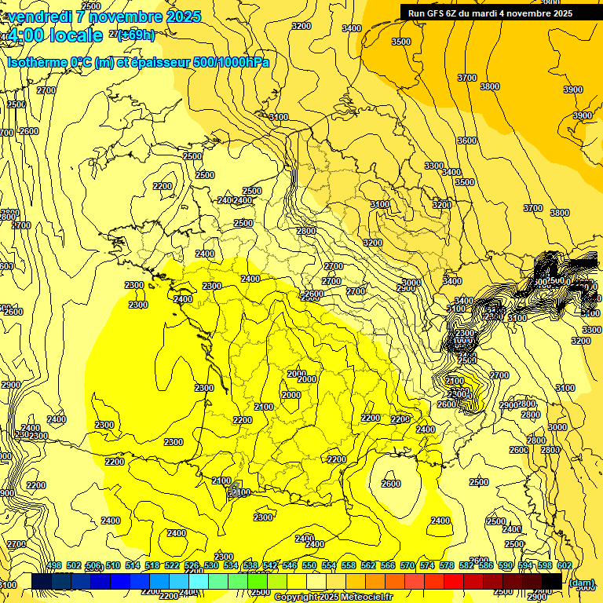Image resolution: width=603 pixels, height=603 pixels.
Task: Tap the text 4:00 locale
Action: pyautogui.click(x=55, y=35)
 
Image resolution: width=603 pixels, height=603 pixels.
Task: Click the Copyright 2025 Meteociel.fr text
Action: pyautogui.click(x=333, y=597)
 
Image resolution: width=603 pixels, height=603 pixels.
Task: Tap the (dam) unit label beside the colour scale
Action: pyautogui.click(x=581, y=583)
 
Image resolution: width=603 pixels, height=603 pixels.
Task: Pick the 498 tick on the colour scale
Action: pyautogui.click(x=54, y=565)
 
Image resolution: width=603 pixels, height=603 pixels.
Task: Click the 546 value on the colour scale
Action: pyautogui.click(x=290, y=565)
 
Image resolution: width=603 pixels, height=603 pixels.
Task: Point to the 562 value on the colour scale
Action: pyautogui.click(x=368, y=565)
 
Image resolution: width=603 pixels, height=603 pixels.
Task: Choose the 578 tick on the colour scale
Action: pyautogui.click(x=447, y=565)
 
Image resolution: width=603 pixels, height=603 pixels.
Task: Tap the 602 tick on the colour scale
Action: pyautogui.click(x=564, y=565)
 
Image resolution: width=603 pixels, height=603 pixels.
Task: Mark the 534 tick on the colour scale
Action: pyautogui.click(x=231, y=565)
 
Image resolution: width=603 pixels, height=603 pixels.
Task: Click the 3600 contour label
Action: pyautogui.click(x=466, y=141)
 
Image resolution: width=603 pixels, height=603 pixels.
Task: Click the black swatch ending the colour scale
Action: pyautogui.click(x=551, y=581)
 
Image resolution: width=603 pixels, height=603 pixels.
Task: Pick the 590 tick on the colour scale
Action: pyautogui.click(x=506, y=565)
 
